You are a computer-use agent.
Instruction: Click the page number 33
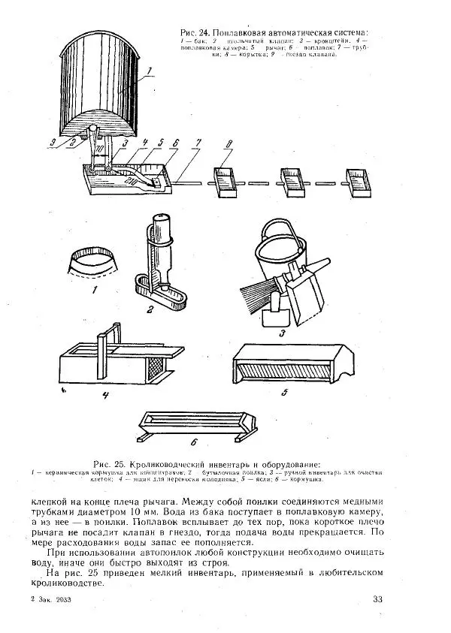(377, 598)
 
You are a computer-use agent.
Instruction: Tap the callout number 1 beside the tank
(149, 72)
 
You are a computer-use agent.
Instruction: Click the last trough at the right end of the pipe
(357, 182)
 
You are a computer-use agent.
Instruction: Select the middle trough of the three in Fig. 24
(292, 182)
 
